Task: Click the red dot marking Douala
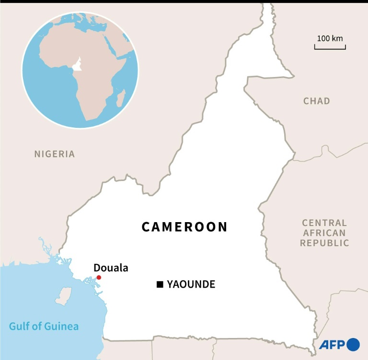click(99, 278)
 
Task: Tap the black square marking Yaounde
click(160, 285)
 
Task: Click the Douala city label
click(111, 268)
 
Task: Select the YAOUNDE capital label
click(191, 285)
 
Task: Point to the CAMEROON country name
click(184, 227)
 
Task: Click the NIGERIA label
click(55, 154)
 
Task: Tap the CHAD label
click(317, 101)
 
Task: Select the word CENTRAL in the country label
click(324, 223)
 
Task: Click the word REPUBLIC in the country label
click(324, 243)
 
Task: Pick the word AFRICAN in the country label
click(324, 233)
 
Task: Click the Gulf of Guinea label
click(44, 327)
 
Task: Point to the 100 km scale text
click(330, 38)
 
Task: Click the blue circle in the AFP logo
click(353, 344)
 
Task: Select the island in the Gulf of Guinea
click(63, 296)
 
